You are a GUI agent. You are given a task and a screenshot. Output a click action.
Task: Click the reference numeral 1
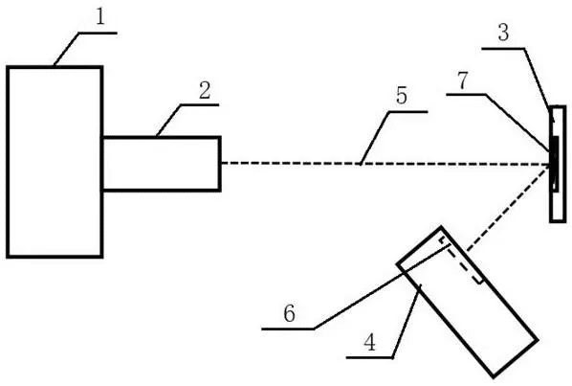[x=100, y=17]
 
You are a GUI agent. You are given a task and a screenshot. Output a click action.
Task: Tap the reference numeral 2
[x=205, y=90]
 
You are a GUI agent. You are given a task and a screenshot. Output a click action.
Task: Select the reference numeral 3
[x=503, y=33]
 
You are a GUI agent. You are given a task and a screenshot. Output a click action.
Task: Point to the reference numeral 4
[x=370, y=343]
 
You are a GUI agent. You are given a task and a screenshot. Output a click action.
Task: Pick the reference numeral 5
[x=402, y=96]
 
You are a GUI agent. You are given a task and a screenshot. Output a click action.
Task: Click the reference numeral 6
[x=289, y=313]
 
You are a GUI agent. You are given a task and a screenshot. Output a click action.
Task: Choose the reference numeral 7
[x=463, y=80]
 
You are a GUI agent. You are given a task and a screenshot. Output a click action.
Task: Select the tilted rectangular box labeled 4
[x=468, y=302]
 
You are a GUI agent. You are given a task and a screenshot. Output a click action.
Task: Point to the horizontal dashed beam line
[x=385, y=164]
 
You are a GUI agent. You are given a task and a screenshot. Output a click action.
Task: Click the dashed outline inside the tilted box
[x=461, y=260]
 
